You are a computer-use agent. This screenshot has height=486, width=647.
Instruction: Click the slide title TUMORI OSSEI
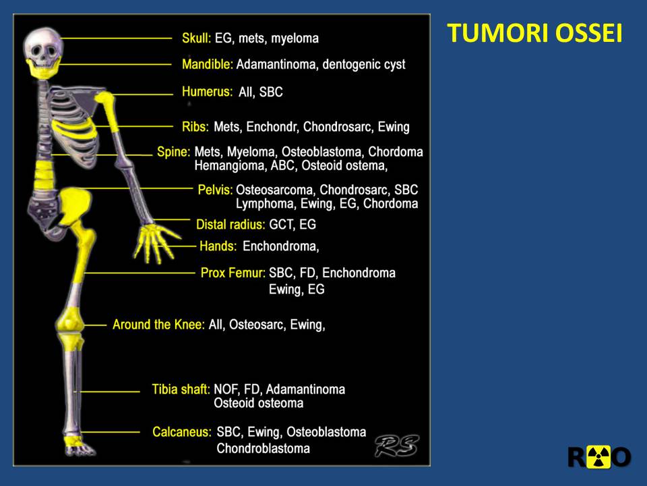534,33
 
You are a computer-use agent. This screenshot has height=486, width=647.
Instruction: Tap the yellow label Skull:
196,38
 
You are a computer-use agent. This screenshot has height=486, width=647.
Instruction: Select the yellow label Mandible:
208,64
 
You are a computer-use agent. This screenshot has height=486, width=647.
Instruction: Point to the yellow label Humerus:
207,91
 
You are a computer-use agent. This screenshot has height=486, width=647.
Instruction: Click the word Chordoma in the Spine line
396,152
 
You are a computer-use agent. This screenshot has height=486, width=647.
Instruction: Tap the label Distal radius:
230,224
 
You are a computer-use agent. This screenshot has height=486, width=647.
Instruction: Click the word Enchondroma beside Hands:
280,246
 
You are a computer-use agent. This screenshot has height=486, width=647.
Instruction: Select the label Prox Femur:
233,273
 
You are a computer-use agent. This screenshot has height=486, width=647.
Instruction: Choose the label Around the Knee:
159,325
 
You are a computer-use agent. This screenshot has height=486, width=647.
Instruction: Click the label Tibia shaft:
181,389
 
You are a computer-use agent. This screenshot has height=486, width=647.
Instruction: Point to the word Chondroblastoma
264,448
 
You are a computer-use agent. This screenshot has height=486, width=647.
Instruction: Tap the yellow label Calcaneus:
181,432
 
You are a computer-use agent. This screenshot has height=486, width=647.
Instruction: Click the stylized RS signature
397,446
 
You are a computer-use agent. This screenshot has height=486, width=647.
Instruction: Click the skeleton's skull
43,53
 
